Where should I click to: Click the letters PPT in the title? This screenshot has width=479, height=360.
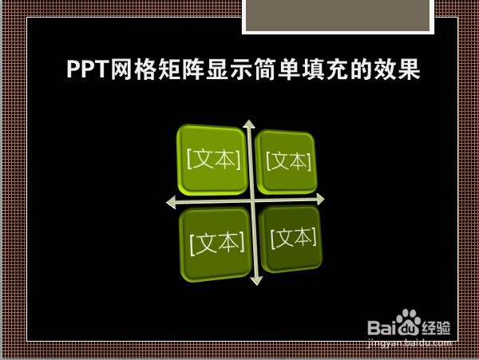(x=88, y=69)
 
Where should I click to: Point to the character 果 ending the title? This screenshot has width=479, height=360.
(x=409, y=69)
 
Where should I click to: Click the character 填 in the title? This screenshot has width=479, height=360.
(x=314, y=69)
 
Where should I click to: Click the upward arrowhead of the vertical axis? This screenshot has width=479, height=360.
(x=249, y=125)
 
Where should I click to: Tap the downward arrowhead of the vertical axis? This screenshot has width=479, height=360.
(x=256, y=281)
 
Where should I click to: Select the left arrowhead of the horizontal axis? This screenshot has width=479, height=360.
(x=171, y=203)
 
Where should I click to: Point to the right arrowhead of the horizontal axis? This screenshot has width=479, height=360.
(x=320, y=199)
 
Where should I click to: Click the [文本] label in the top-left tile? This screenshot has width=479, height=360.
(x=213, y=159)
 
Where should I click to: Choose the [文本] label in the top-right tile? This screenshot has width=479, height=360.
(x=289, y=161)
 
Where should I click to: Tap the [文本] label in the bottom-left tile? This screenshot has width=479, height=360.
(x=217, y=243)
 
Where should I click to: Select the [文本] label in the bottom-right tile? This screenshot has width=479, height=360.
(x=294, y=238)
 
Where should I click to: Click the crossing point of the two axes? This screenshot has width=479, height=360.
(x=253, y=200)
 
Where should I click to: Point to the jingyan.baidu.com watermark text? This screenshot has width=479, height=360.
(x=409, y=343)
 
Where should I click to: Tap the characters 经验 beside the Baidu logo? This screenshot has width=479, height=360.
(x=436, y=328)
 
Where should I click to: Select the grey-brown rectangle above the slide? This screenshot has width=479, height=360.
(x=338, y=15)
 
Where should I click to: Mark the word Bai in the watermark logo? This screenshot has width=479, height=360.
(x=382, y=327)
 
